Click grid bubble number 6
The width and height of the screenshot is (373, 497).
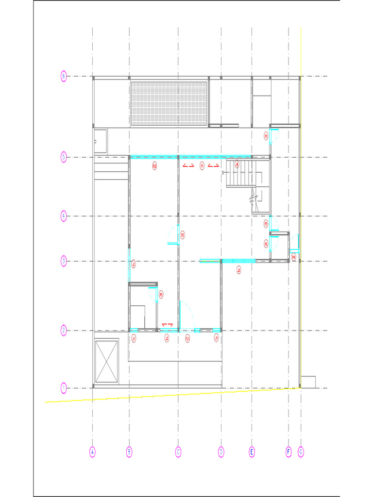point(63,76)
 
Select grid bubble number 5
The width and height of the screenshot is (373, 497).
point(63,157)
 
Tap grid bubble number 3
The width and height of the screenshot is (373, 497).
point(63,261)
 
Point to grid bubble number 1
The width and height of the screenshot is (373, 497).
point(63,388)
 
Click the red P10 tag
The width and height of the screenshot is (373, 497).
point(154,166)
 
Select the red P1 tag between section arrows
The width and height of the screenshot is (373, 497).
point(202,166)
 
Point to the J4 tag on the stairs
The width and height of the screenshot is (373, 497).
point(237,165)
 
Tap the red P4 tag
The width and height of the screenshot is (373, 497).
point(293,257)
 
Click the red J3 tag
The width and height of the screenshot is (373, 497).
point(238,271)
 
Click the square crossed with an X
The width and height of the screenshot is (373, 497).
point(106,361)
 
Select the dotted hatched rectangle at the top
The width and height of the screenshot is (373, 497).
point(169,103)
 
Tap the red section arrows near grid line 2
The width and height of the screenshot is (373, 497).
point(168,324)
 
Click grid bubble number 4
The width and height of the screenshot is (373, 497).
point(63,216)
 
